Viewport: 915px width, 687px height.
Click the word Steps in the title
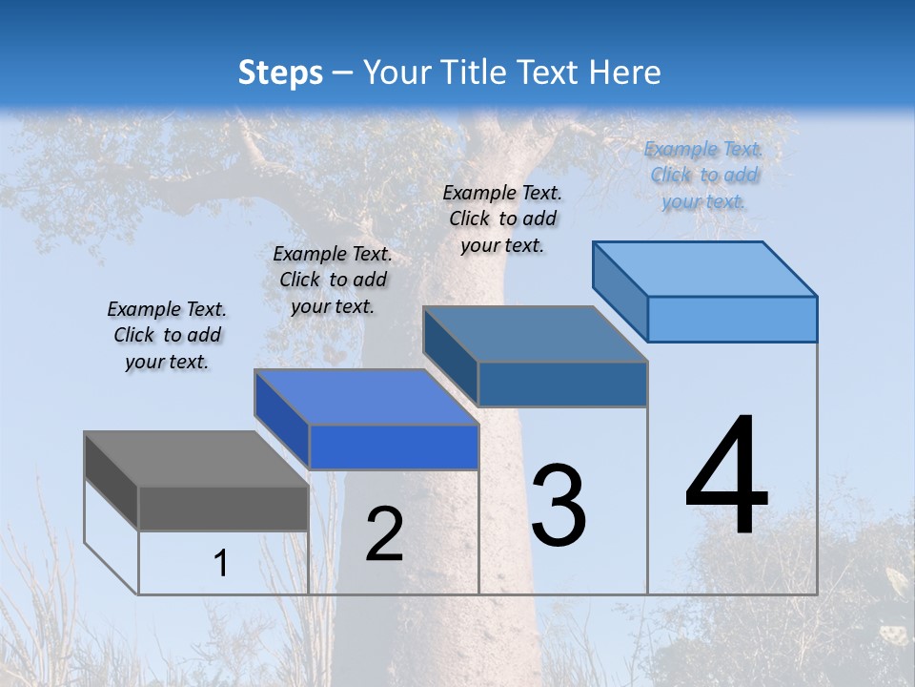coord(280,73)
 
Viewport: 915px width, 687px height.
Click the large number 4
coord(726,476)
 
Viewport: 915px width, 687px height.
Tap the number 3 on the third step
coord(559,506)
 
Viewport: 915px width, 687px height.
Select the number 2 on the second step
coord(384,534)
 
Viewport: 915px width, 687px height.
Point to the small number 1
coord(221,564)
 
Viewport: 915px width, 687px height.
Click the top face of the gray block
coord(195,459)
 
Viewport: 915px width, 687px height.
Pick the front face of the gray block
coord(223,508)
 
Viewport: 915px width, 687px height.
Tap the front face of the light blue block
coord(732,319)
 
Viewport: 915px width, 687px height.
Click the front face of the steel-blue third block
coord(562,384)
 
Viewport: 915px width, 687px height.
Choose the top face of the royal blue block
coord(366,397)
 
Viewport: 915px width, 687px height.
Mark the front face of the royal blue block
coord(394,447)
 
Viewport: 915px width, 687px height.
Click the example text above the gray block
coord(167,335)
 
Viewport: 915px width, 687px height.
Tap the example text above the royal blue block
coord(333,280)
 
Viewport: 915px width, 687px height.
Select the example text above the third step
coord(502,219)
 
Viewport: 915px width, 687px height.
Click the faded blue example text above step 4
coord(703,175)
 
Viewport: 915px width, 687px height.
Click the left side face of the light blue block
coord(620,290)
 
